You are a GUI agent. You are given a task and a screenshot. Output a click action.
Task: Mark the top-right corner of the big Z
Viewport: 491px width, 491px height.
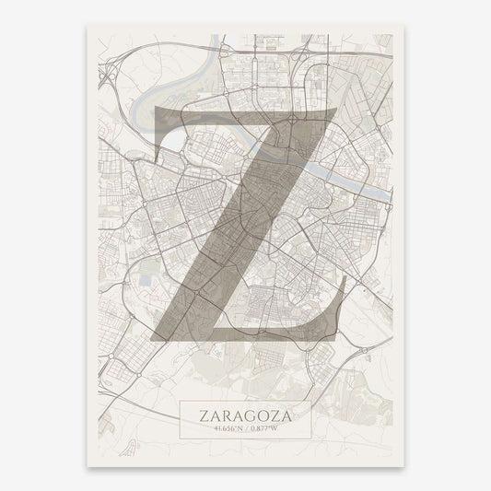[335, 109]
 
